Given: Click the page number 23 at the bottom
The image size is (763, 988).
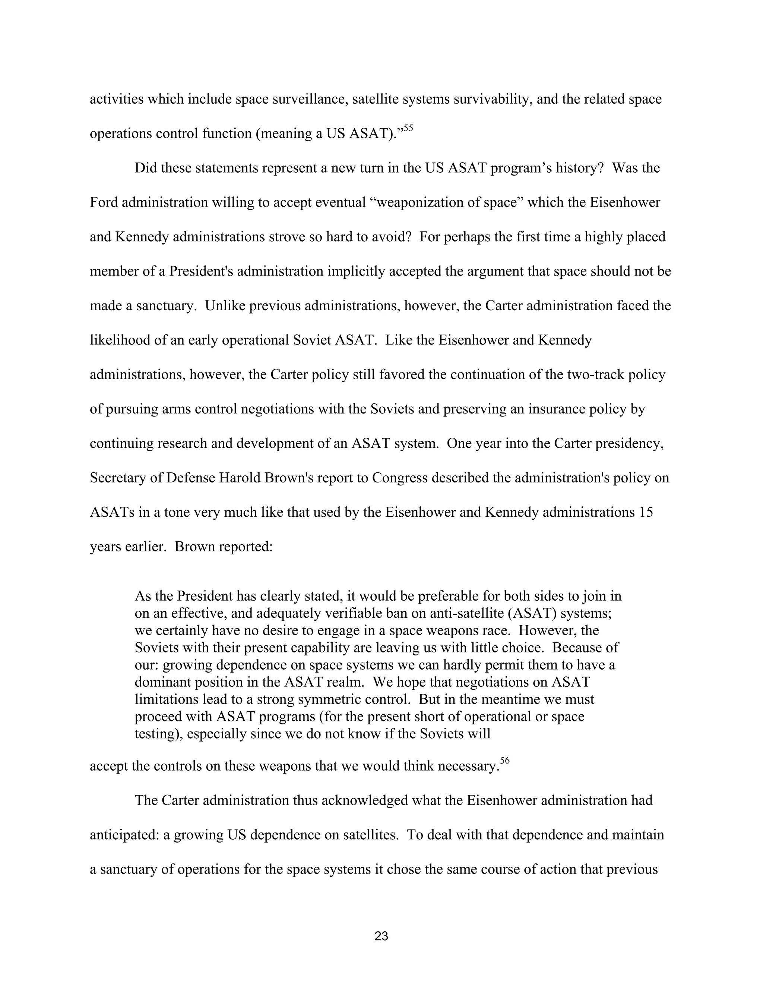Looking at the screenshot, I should [381, 936].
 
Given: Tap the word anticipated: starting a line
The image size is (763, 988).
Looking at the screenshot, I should [124, 835].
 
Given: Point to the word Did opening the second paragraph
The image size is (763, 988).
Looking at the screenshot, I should [146, 168].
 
